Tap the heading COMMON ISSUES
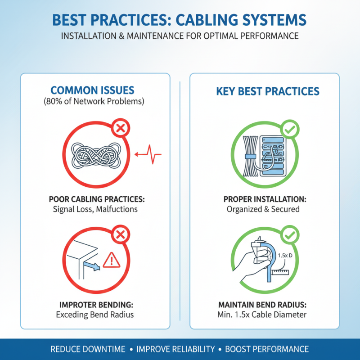coord(92,90)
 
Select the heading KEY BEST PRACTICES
coord(268,91)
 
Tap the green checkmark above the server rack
coord(289,130)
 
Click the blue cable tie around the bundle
coord(250,156)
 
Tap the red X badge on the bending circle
coord(120,234)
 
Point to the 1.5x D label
coord(284,256)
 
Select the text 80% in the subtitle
coord(53,101)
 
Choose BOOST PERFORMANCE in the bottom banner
coord(267,349)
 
